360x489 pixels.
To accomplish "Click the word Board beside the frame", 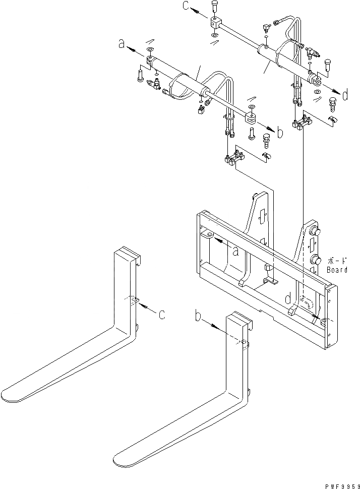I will (x=336, y=270).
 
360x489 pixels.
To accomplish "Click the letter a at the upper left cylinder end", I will (x=121, y=44).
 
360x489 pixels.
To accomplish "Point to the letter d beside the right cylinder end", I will (x=345, y=95).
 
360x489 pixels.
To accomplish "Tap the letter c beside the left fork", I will (x=161, y=315).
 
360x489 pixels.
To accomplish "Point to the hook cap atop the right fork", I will (x=238, y=319).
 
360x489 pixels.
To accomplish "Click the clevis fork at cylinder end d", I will (x=316, y=79).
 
